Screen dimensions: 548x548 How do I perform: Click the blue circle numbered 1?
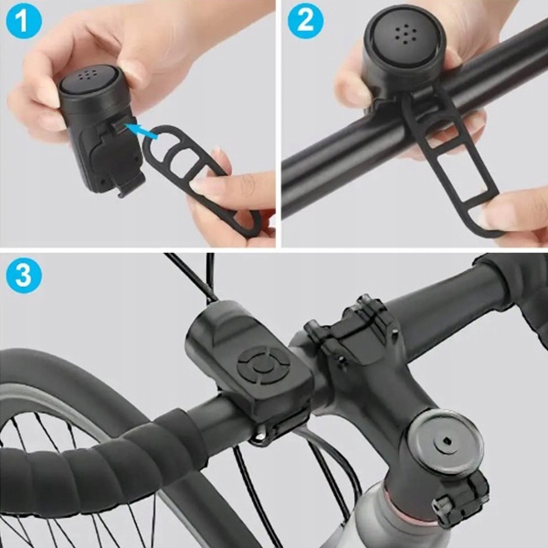pyautogui.click(x=24, y=21)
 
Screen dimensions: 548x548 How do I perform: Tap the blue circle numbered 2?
pyautogui.click(x=305, y=21)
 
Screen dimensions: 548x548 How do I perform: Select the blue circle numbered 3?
pyautogui.click(x=24, y=275)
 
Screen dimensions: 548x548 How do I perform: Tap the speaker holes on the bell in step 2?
pyautogui.click(x=406, y=35)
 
